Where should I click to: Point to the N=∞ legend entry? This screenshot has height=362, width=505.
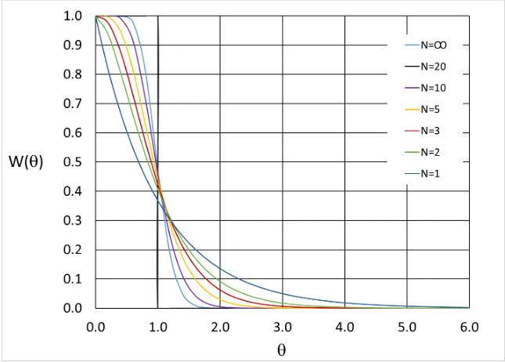pos(435,45)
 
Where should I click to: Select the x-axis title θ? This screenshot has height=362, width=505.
pos(282,349)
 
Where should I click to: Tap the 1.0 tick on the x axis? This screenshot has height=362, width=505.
pos(158,324)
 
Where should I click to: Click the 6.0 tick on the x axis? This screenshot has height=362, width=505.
pos(469,324)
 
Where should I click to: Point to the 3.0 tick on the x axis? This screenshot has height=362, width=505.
pos(283,324)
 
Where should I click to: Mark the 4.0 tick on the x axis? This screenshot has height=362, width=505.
pos(344,324)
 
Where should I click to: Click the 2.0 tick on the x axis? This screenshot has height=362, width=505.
pos(220,324)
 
